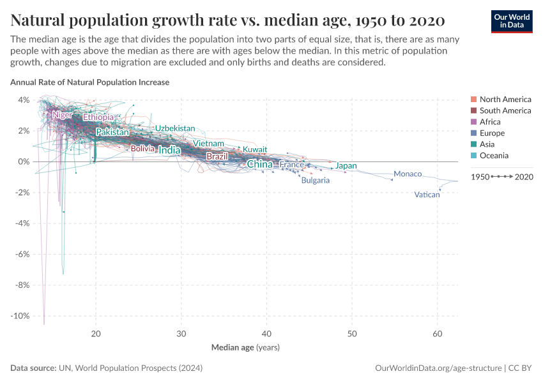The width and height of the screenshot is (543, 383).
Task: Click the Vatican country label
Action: point(427,195)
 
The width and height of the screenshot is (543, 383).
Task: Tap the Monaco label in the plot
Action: point(408,174)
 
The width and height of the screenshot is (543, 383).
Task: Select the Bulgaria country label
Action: point(316,181)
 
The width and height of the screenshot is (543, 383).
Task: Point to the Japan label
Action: point(346,166)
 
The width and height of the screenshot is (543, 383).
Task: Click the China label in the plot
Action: point(259,165)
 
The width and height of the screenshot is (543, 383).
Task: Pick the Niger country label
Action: point(63,115)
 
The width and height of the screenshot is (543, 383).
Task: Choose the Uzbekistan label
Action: point(175,128)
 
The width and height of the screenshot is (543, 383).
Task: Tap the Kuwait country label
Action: point(255,149)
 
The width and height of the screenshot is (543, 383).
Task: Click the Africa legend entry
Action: point(490,122)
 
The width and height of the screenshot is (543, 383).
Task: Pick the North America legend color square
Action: point(473,100)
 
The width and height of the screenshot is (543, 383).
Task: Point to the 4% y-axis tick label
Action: point(23,100)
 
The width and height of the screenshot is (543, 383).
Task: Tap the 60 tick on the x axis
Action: point(438,334)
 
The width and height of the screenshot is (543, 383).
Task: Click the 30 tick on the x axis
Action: point(181,334)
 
